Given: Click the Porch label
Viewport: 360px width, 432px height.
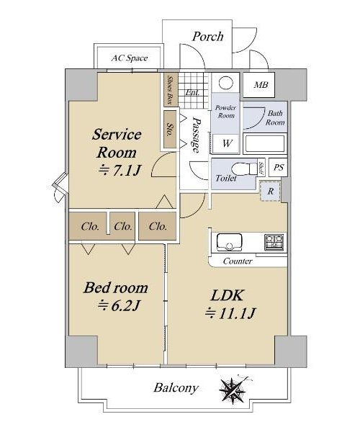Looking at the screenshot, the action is pos(207,37).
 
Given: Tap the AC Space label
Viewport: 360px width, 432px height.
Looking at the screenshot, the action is pos(130,58).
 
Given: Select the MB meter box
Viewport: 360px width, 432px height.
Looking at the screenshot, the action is pos(258,85).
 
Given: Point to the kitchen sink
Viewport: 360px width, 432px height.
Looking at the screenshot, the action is pos(229,242).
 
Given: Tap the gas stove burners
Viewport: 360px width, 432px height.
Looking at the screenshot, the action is pos(274,242).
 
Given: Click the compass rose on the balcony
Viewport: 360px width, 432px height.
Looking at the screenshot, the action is pos(233,390).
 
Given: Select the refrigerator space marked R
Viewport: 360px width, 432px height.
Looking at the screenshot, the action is pos(271,192).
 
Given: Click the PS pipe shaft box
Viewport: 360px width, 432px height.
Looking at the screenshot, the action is pos(278,167).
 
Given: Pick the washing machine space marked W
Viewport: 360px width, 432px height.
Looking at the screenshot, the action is pos(226,143).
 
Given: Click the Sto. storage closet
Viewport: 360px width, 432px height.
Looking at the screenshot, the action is pos(170,130).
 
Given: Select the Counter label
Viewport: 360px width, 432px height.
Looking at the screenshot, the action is pos(238,261).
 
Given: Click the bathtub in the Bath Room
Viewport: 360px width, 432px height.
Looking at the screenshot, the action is pos(265,143).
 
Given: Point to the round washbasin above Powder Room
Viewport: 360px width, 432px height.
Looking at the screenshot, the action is pos(225,83).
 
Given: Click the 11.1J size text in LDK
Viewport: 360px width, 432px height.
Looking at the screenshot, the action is pos(230,313).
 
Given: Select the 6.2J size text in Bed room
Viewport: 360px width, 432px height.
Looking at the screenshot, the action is pos(119,305).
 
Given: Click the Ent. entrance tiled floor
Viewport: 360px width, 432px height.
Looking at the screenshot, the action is pos(192,91).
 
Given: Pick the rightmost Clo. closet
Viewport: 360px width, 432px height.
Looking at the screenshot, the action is pos(158,226).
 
